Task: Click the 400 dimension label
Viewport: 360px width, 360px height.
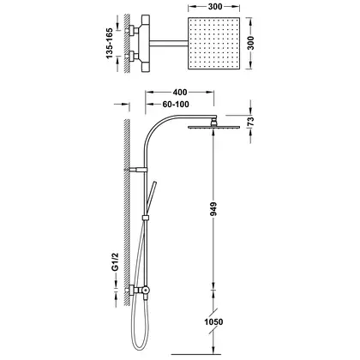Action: click(x=180, y=92)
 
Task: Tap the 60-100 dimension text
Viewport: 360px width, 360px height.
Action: click(x=176, y=105)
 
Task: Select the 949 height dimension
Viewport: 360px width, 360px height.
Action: click(x=213, y=209)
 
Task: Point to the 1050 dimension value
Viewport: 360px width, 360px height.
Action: click(x=213, y=322)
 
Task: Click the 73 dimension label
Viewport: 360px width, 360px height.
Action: click(x=250, y=122)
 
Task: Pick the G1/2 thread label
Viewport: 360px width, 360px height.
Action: click(x=115, y=261)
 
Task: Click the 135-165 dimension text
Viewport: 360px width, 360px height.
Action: click(x=110, y=44)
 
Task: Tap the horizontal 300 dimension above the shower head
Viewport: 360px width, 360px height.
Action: click(x=215, y=7)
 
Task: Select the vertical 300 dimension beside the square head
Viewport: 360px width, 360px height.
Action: click(x=250, y=43)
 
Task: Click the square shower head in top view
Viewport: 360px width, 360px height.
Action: click(x=213, y=43)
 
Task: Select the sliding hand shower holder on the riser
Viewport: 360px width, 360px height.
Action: click(x=146, y=218)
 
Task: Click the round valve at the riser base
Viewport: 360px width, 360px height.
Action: click(x=146, y=290)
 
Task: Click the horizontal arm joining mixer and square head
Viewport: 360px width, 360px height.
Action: click(x=169, y=43)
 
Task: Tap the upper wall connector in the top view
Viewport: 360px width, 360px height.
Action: click(x=132, y=30)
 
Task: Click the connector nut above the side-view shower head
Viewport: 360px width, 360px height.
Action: click(x=213, y=123)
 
